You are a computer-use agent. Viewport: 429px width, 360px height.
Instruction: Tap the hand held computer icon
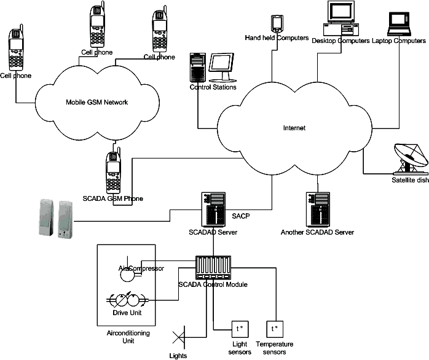coord(276,23)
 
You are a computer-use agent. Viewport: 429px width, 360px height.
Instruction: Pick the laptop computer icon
coord(400,22)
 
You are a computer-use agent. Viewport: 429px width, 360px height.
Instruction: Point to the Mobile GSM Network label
coord(96,102)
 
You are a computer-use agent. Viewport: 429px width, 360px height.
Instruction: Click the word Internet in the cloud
coord(294,128)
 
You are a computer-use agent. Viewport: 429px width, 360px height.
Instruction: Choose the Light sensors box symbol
coord(238,329)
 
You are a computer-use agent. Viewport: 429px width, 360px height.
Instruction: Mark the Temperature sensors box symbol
coord(274,329)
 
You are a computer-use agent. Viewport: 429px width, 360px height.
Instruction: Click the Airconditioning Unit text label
coord(128,337)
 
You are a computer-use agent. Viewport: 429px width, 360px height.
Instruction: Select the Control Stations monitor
coord(221,68)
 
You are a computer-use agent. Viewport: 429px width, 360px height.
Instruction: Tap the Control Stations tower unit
coord(197,68)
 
